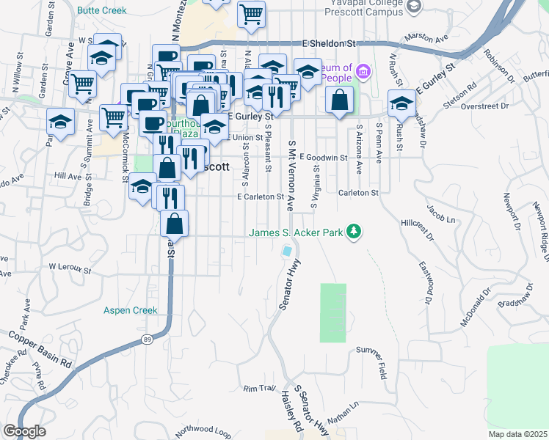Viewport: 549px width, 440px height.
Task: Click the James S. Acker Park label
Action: coord(297,233)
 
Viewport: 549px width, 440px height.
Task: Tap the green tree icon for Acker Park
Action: coord(355,232)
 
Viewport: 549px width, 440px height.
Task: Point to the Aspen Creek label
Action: coord(131,310)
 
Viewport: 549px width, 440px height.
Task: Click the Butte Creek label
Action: coord(101,11)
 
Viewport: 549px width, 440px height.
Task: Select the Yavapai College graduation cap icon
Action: coord(415,7)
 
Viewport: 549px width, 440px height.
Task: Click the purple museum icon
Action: coord(364,71)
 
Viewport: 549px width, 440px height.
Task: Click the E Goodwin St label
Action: coord(323,157)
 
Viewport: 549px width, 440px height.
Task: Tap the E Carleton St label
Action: coord(260,197)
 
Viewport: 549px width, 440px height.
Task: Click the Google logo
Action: coord(24,431)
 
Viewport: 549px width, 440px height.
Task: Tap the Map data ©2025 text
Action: coord(517,434)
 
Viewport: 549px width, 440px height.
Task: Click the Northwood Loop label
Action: coord(201,430)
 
